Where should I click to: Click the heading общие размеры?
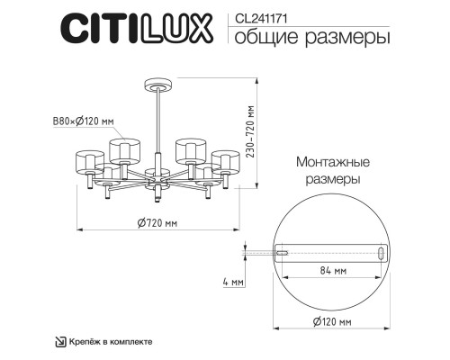tap(299, 38)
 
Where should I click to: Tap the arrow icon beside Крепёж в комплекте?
tap(61, 341)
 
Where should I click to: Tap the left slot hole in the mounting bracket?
tap(282, 253)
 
